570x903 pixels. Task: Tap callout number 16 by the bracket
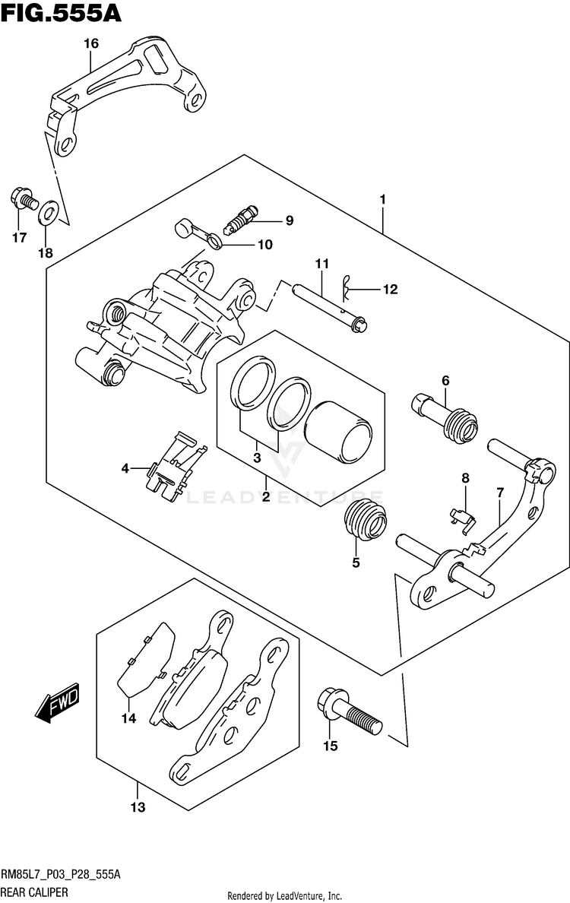coord(91,43)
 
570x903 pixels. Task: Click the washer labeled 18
coord(49,213)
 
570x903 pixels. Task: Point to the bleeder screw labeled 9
coord(242,220)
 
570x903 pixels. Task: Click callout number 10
coord(264,245)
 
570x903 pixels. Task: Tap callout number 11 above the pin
coord(321,264)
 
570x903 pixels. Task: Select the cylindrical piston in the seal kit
coord(337,429)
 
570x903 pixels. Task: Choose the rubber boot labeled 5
coord(366,520)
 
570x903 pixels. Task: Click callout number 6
coord(445,381)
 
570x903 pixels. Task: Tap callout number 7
coord(500,493)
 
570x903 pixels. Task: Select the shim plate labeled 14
coord(146,660)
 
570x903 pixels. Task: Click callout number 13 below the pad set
coord(138,807)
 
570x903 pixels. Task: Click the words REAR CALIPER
coord(34,892)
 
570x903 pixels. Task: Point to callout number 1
coord(382,200)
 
